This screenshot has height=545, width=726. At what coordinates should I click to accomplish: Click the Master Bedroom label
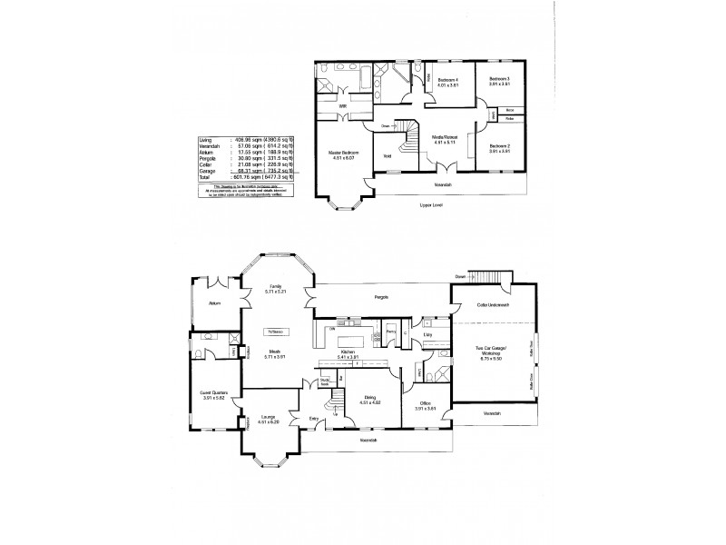pyautogui.click(x=344, y=152)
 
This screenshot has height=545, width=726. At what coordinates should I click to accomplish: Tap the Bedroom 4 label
pyautogui.click(x=448, y=80)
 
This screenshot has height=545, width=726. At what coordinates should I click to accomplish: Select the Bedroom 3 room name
pyautogui.click(x=500, y=80)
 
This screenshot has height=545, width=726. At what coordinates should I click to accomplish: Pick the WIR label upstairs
pyautogui.click(x=343, y=106)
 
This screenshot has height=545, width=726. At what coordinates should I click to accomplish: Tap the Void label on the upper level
pyautogui.click(x=388, y=155)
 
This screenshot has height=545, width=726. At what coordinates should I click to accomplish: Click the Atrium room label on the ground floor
pyautogui.click(x=214, y=303)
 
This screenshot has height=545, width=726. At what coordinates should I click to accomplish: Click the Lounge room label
pyautogui.click(x=267, y=417)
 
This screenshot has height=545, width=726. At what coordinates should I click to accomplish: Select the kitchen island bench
pyautogui.click(x=350, y=341)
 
